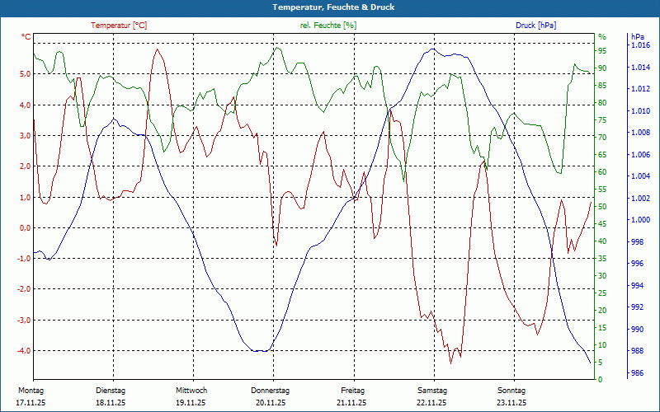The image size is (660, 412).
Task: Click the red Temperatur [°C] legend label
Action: (119, 26)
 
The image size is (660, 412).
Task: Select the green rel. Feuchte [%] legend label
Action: (328, 26)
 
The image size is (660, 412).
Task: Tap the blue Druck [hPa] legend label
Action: (535, 26)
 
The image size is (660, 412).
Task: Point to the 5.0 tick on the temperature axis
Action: (25, 74)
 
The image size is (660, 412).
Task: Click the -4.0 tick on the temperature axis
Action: (24, 351)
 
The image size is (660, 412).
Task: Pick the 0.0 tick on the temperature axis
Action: (25, 228)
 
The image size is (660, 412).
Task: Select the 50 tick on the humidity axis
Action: (603, 207)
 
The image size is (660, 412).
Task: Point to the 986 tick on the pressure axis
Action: (637, 373)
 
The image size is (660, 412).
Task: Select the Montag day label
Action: (31, 391)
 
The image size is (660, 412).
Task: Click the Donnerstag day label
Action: (270, 391)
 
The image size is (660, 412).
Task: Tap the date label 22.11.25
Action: (431, 403)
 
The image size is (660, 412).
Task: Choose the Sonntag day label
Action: (511, 391)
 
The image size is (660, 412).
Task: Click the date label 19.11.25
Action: (191, 403)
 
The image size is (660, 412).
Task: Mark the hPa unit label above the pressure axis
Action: (637, 37)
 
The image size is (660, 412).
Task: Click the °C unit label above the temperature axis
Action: (27, 37)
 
